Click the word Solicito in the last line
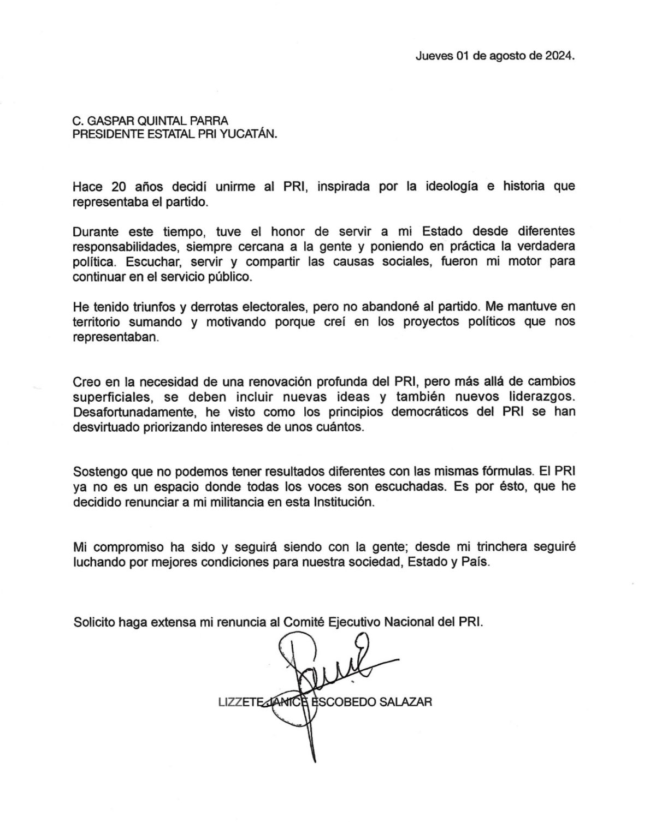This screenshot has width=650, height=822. tap(94, 622)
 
